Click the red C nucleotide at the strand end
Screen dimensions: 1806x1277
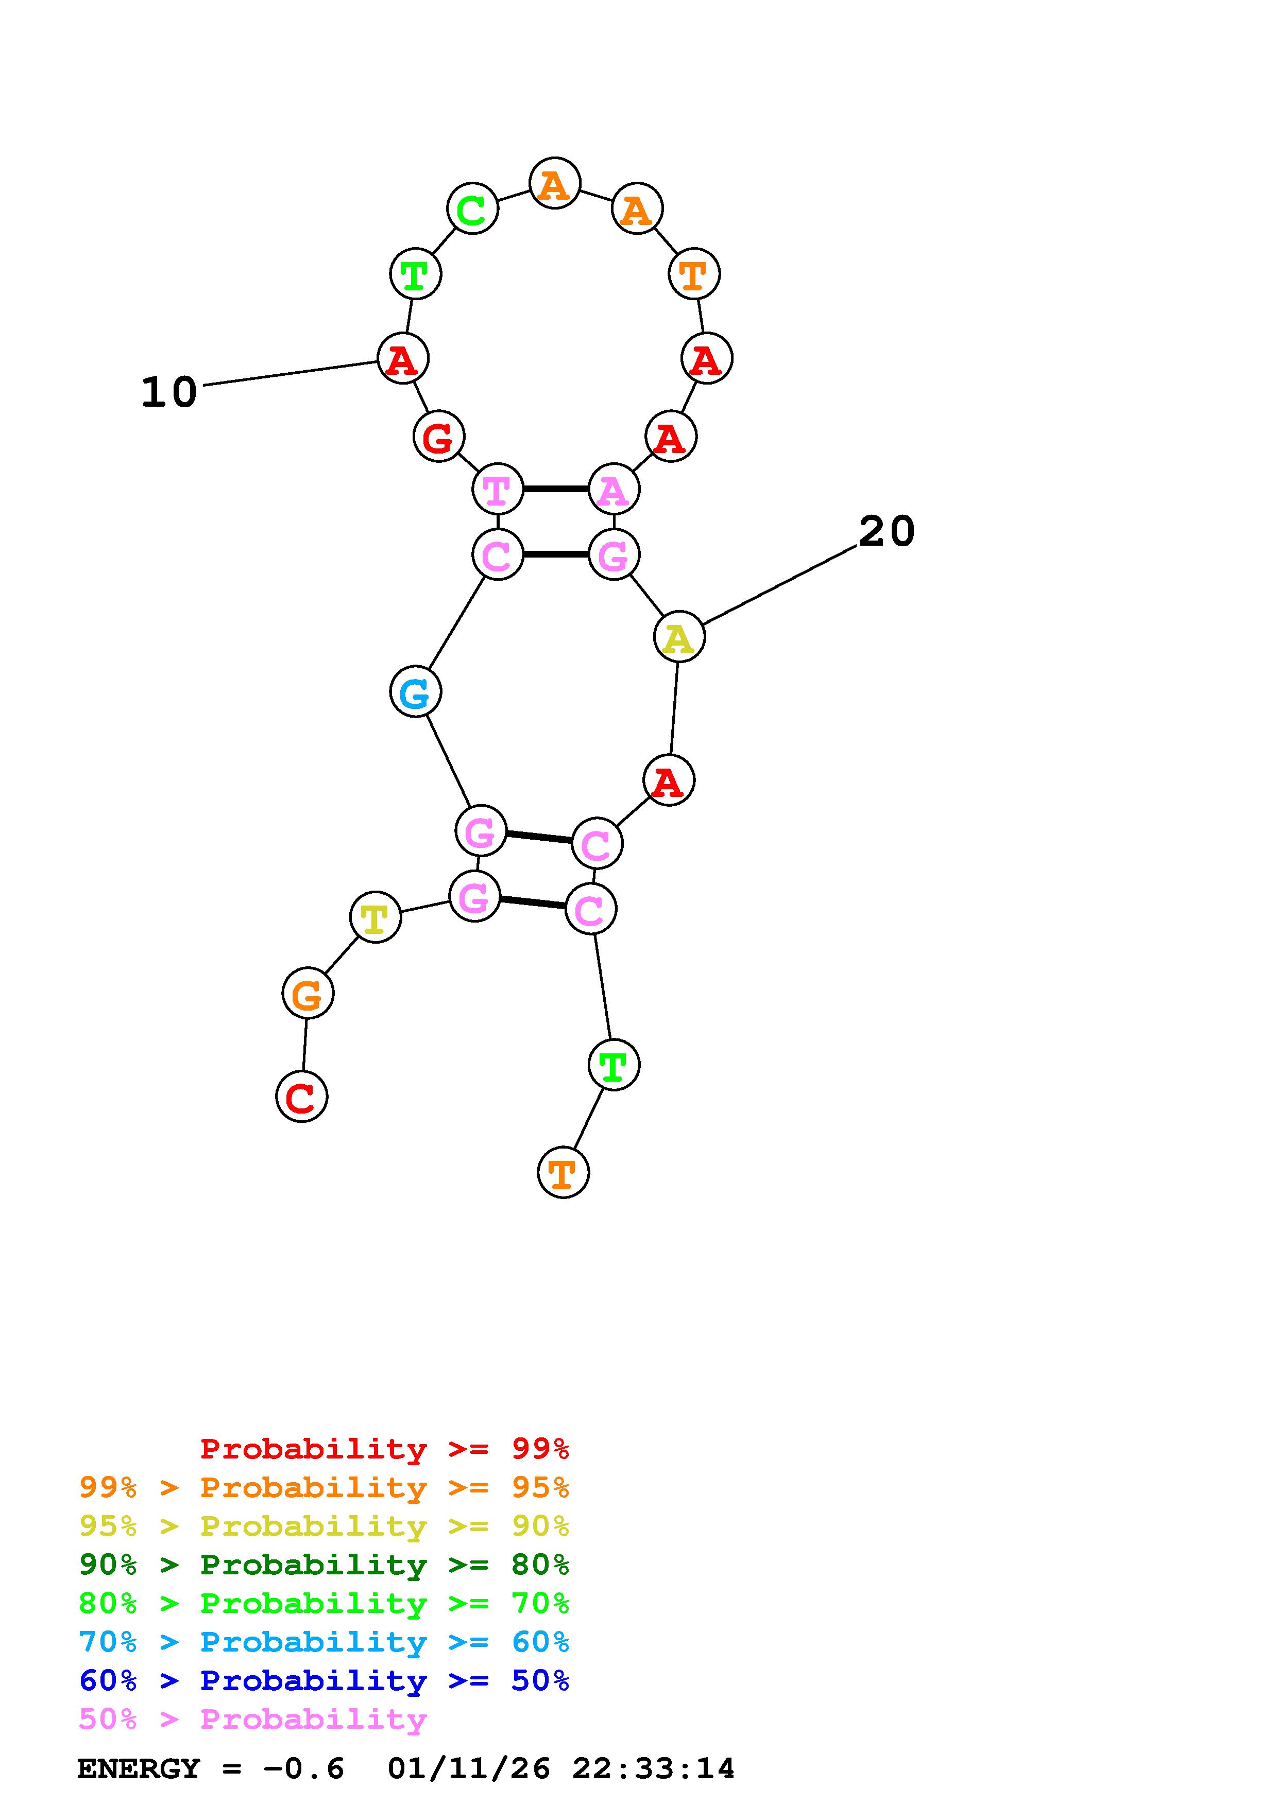pyautogui.click(x=301, y=1097)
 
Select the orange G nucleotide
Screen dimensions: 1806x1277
pyautogui.click(x=308, y=994)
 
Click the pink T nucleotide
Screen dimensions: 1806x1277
pyautogui.click(x=497, y=489)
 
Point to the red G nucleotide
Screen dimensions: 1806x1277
pyautogui.click(x=438, y=437)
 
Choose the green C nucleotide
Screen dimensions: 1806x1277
pyautogui.click(x=472, y=209)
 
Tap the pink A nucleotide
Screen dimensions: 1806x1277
pyautogui.click(x=614, y=489)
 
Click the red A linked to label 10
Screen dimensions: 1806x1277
pyautogui.click(x=403, y=359)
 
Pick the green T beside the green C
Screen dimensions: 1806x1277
pyautogui.click(x=415, y=274)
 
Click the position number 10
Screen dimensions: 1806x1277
pyautogui.click(x=169, y=392)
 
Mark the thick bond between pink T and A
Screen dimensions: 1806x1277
pyautogui.click(x=555, y=489)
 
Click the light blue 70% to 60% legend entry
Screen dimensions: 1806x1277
pyautogui.click(x=324, y=1642)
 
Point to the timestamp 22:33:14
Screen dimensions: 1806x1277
pyautogui.click(x=653, y=1768)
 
